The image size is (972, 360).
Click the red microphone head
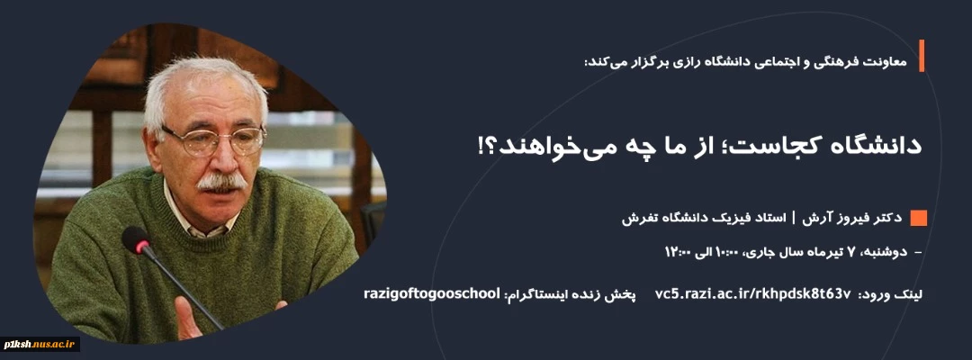[137, 239]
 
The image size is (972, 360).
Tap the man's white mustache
[221, 182]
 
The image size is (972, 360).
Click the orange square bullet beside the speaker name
[918, 218]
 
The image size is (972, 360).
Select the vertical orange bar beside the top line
[922, 56]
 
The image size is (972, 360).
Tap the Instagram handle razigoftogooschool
[431, 293]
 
